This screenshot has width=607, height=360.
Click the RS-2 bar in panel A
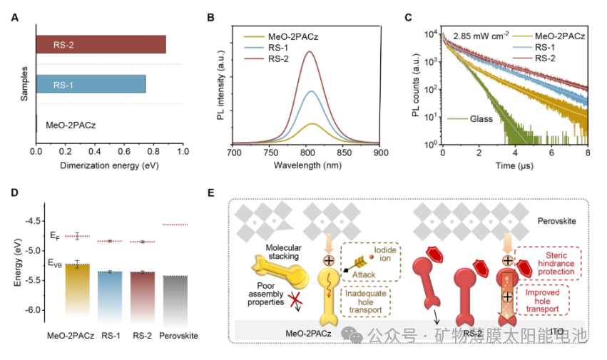coord(101,44)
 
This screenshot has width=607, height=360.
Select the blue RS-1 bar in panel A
coord(91,83)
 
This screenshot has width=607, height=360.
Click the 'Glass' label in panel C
coord(481,119)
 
